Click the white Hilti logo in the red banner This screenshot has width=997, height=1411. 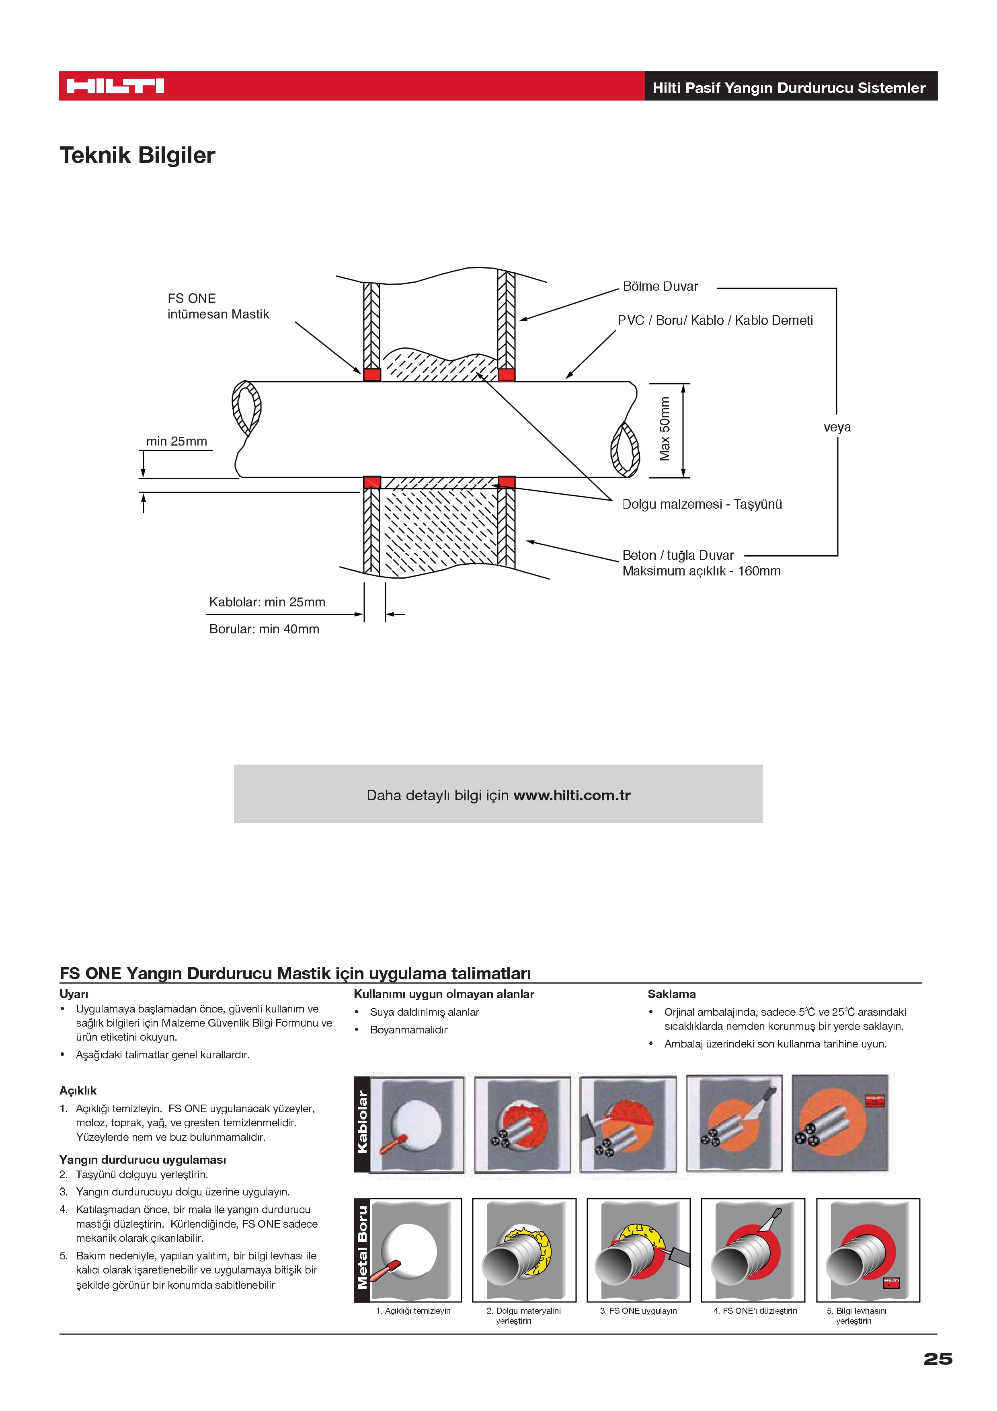[115, 86]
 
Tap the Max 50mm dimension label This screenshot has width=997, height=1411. [665, 429]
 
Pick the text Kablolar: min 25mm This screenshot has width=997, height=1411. [267, 602]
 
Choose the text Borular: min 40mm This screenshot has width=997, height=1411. [264, 629]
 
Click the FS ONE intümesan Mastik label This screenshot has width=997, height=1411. [218, 306]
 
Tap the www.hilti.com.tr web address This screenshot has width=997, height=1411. [572, 795]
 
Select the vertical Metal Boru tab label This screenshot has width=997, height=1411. [363, 1247]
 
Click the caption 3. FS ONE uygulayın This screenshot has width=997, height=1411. [638, 1311]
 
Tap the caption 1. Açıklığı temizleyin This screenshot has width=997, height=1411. [413, 1311]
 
